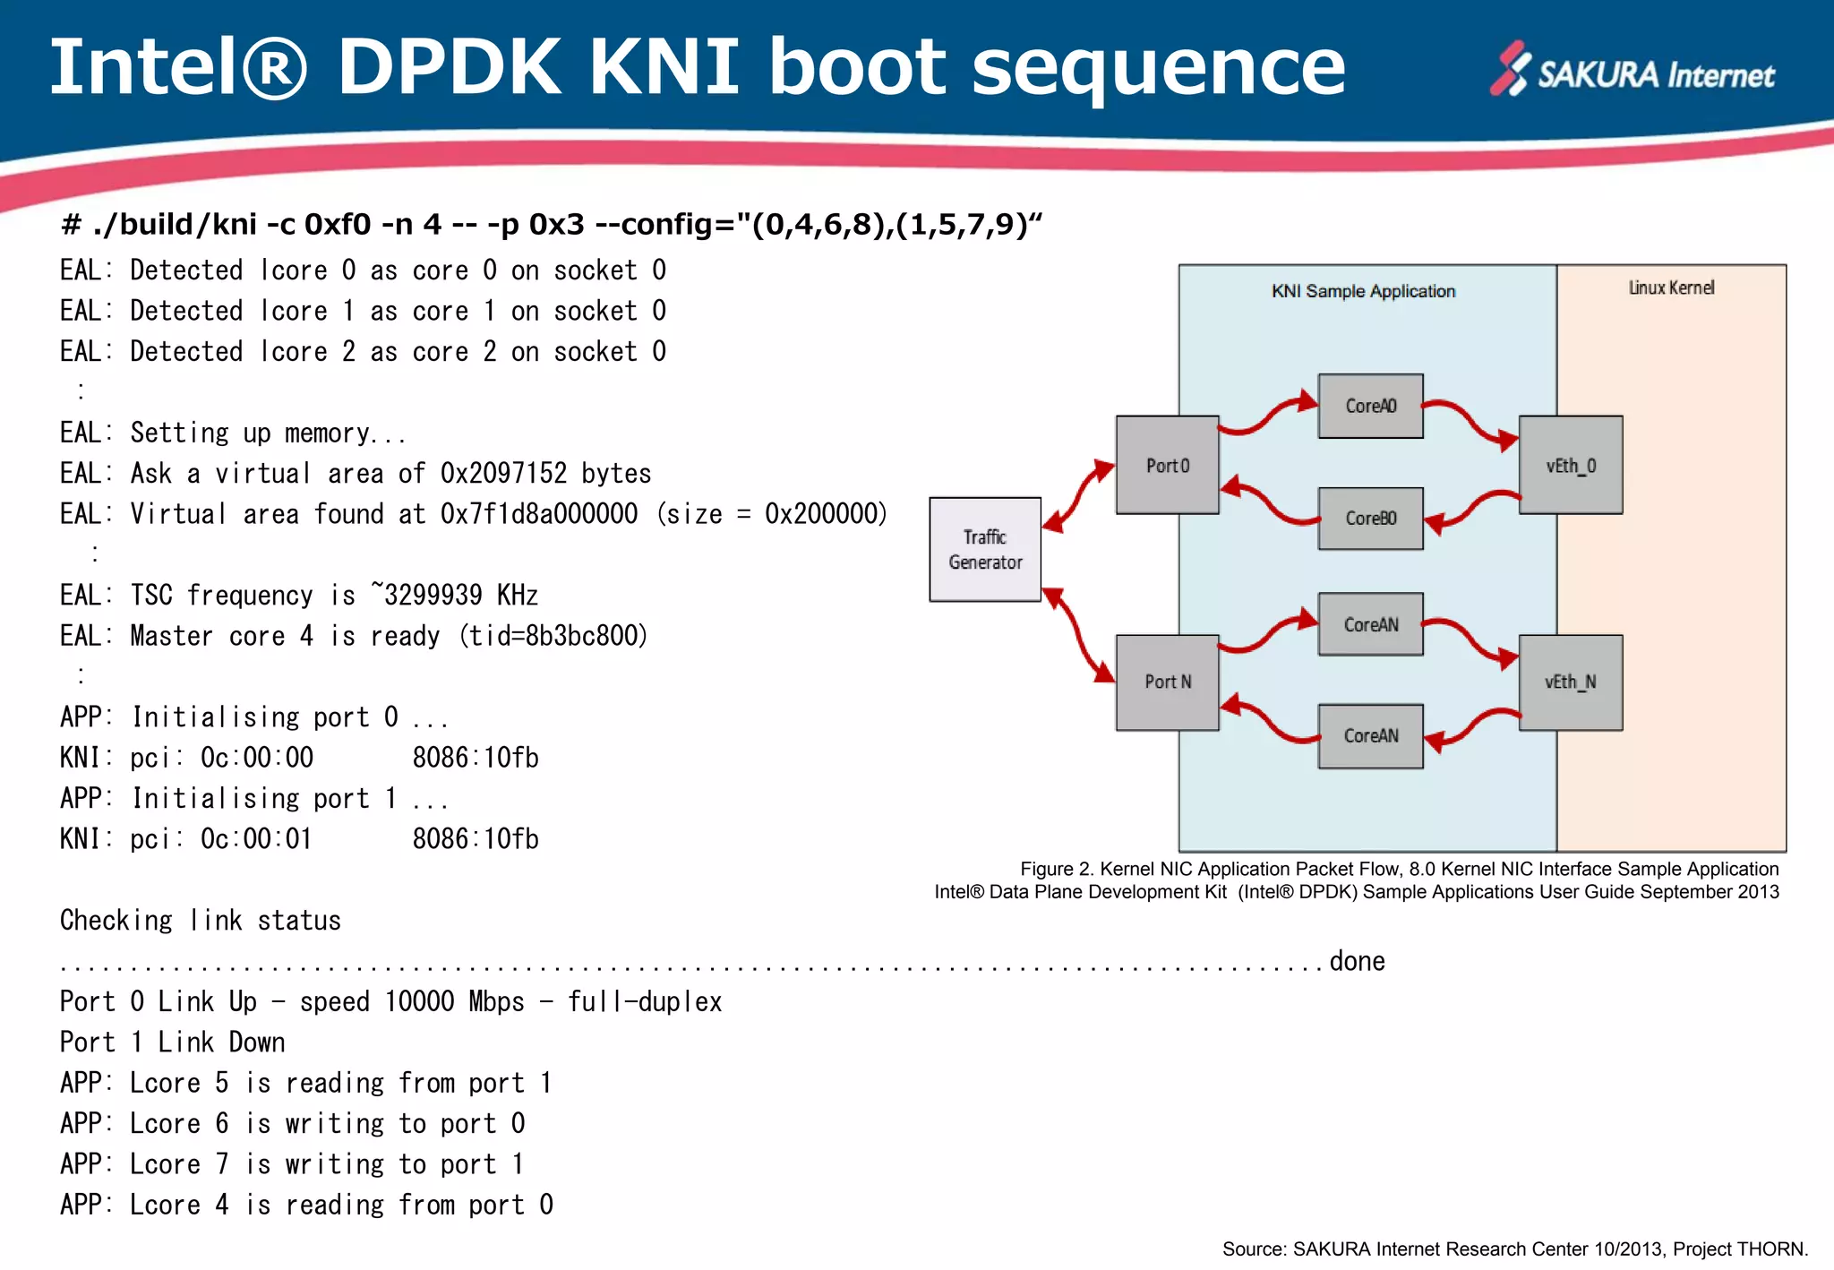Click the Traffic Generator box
pos(985,549)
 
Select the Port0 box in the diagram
pos(1167,465)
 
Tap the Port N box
pos(1167,682)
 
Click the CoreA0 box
pos(1370,406)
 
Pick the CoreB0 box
pos(1370,518)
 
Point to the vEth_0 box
pos(1571,465)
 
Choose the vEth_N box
pos(1570,682)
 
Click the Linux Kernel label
pos(1671,287)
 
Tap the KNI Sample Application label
pos(1363,291)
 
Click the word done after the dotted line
pos(1357,961)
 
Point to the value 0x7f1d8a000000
pos(538,514)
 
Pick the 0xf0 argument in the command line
pos(338,224)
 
